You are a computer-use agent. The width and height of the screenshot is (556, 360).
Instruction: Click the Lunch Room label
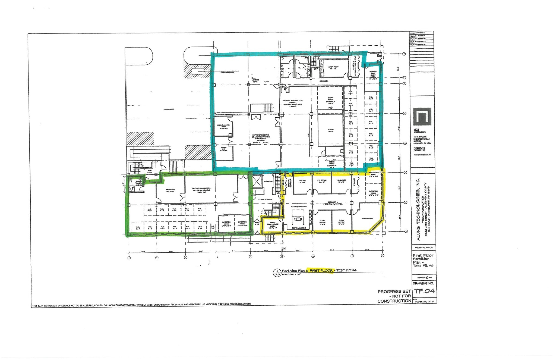333,68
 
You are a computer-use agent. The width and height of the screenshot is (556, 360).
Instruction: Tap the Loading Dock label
255,80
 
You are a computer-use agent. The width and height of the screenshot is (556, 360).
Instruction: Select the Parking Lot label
169,109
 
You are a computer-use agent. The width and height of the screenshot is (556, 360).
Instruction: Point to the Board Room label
367,218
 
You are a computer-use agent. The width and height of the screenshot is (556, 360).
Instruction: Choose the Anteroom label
170,190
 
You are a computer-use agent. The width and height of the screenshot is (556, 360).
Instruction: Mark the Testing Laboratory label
201,189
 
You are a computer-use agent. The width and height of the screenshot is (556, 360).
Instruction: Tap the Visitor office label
302,181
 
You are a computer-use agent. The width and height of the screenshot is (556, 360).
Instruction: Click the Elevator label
268,181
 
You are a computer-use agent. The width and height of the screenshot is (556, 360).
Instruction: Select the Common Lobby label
265,200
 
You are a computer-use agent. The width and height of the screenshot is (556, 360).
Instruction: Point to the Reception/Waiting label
299,207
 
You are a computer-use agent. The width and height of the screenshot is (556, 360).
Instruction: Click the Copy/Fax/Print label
299,228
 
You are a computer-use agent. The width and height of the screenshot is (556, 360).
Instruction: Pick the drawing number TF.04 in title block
424,291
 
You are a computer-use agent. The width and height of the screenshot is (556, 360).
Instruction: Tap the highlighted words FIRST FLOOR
321,271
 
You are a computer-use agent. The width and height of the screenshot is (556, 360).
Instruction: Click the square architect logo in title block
422,117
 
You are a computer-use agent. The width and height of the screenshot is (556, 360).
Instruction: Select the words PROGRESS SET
394,292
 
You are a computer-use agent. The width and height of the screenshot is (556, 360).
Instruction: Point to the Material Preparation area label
293,104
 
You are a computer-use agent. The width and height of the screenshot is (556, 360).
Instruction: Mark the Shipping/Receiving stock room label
261,139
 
